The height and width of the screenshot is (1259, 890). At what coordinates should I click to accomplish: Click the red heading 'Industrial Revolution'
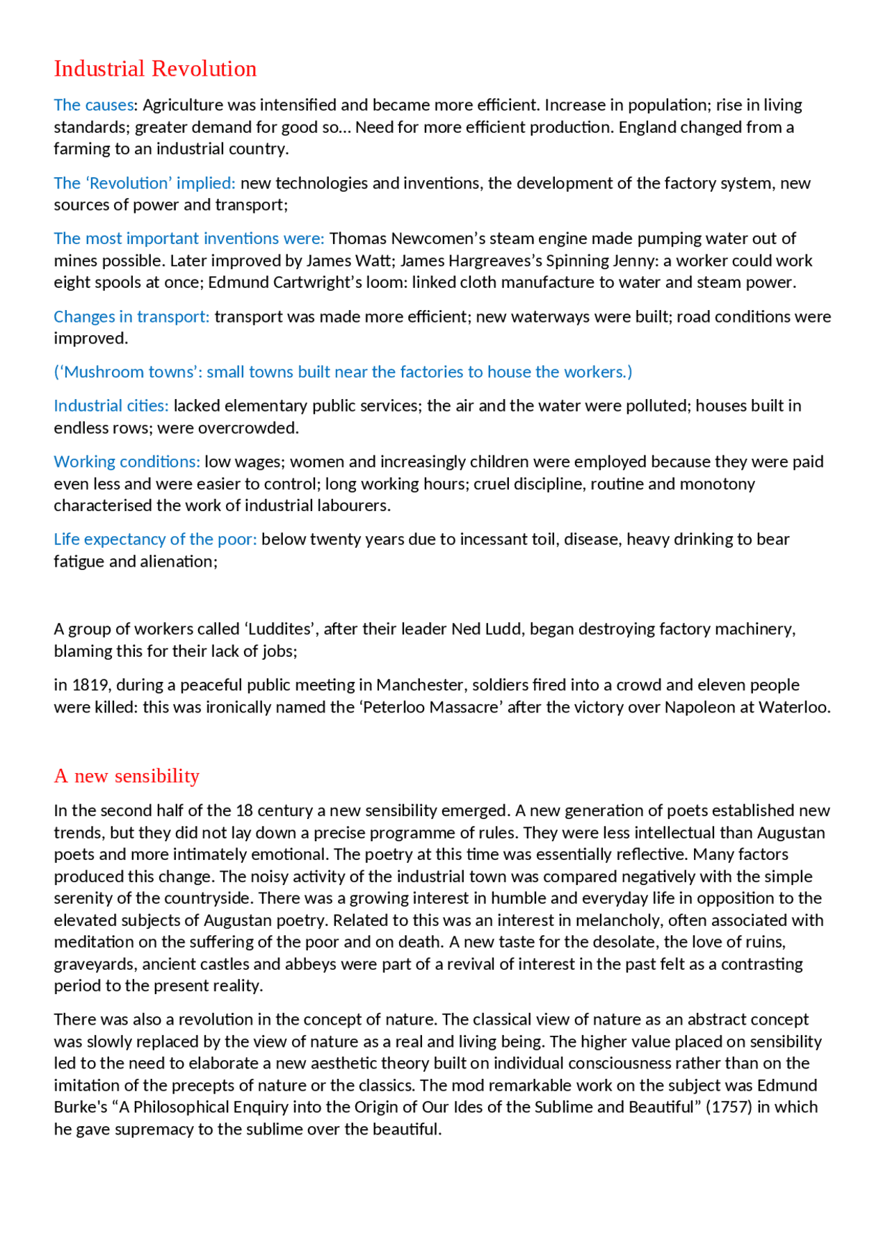[x=155, y=69]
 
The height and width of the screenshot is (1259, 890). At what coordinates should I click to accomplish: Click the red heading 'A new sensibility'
[x=127, y=775]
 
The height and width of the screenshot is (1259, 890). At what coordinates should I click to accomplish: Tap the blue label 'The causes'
[x=93, y=105]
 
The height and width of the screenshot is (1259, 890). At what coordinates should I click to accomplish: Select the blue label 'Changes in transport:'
[x=131, y=317]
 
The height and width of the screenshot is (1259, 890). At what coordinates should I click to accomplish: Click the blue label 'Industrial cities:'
[x=111, y=406]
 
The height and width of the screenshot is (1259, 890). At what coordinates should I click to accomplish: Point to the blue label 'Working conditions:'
[x=127, y=462]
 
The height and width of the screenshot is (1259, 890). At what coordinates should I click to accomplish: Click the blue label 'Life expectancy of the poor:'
[x=155, y=539]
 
